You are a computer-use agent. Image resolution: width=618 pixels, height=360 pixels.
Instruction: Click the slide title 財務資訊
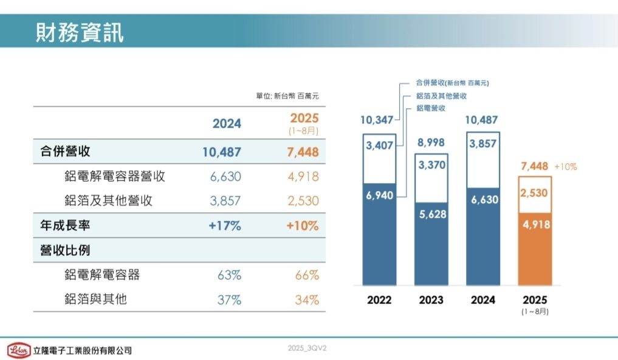click(x=80, y=32)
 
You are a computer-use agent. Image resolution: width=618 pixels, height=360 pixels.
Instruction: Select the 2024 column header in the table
click(x=227, y=123)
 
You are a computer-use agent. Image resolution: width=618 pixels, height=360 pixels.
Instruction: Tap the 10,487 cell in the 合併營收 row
click(x=222, y=152)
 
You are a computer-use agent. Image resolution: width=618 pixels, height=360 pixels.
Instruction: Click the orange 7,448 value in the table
click(x=301, y=152)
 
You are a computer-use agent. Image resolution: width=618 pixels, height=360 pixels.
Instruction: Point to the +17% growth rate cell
click(x=225, y=226)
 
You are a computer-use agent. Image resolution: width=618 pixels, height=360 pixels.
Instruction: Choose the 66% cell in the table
click(x=306, y=275)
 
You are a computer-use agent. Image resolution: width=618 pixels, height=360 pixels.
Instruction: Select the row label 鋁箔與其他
click(x=95, y=299)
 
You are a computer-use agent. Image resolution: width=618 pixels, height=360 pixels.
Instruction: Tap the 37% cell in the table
click(x=229, y=300)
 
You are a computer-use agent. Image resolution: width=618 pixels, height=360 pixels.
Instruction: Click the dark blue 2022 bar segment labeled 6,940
click(x=379, y=234)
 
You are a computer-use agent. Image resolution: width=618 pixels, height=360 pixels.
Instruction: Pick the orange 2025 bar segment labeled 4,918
click(x=535, y=249)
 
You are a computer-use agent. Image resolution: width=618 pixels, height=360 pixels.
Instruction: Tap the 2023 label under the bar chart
click(x=431, y=300)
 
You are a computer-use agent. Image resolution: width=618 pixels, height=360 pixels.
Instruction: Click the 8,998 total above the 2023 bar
click(x=431, y=143)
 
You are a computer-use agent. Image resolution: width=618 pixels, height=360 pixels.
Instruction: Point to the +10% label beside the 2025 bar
click(x=566, y=166)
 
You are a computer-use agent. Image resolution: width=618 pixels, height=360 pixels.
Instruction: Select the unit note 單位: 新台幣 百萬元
click(x=287, y=96)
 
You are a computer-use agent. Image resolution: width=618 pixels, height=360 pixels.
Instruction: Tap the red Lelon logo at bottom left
click(x=19, y=350)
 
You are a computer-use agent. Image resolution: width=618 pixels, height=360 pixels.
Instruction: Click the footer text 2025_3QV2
click(x=307, y=348)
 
